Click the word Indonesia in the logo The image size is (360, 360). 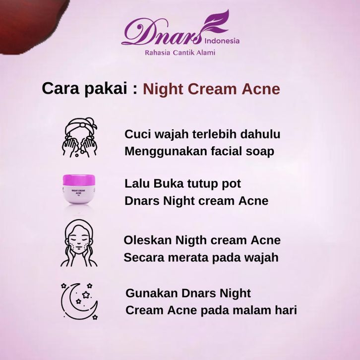(222, 41)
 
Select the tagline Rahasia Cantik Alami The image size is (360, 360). (180, 53)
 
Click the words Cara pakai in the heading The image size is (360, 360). (84, 89)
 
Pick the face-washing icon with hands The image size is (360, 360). (79, 137)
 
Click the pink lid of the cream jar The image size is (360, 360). (79, 180)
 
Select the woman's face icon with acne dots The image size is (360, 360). (79, 243)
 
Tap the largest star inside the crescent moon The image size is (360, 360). (86, 295)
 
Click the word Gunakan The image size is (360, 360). (152, 293)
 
